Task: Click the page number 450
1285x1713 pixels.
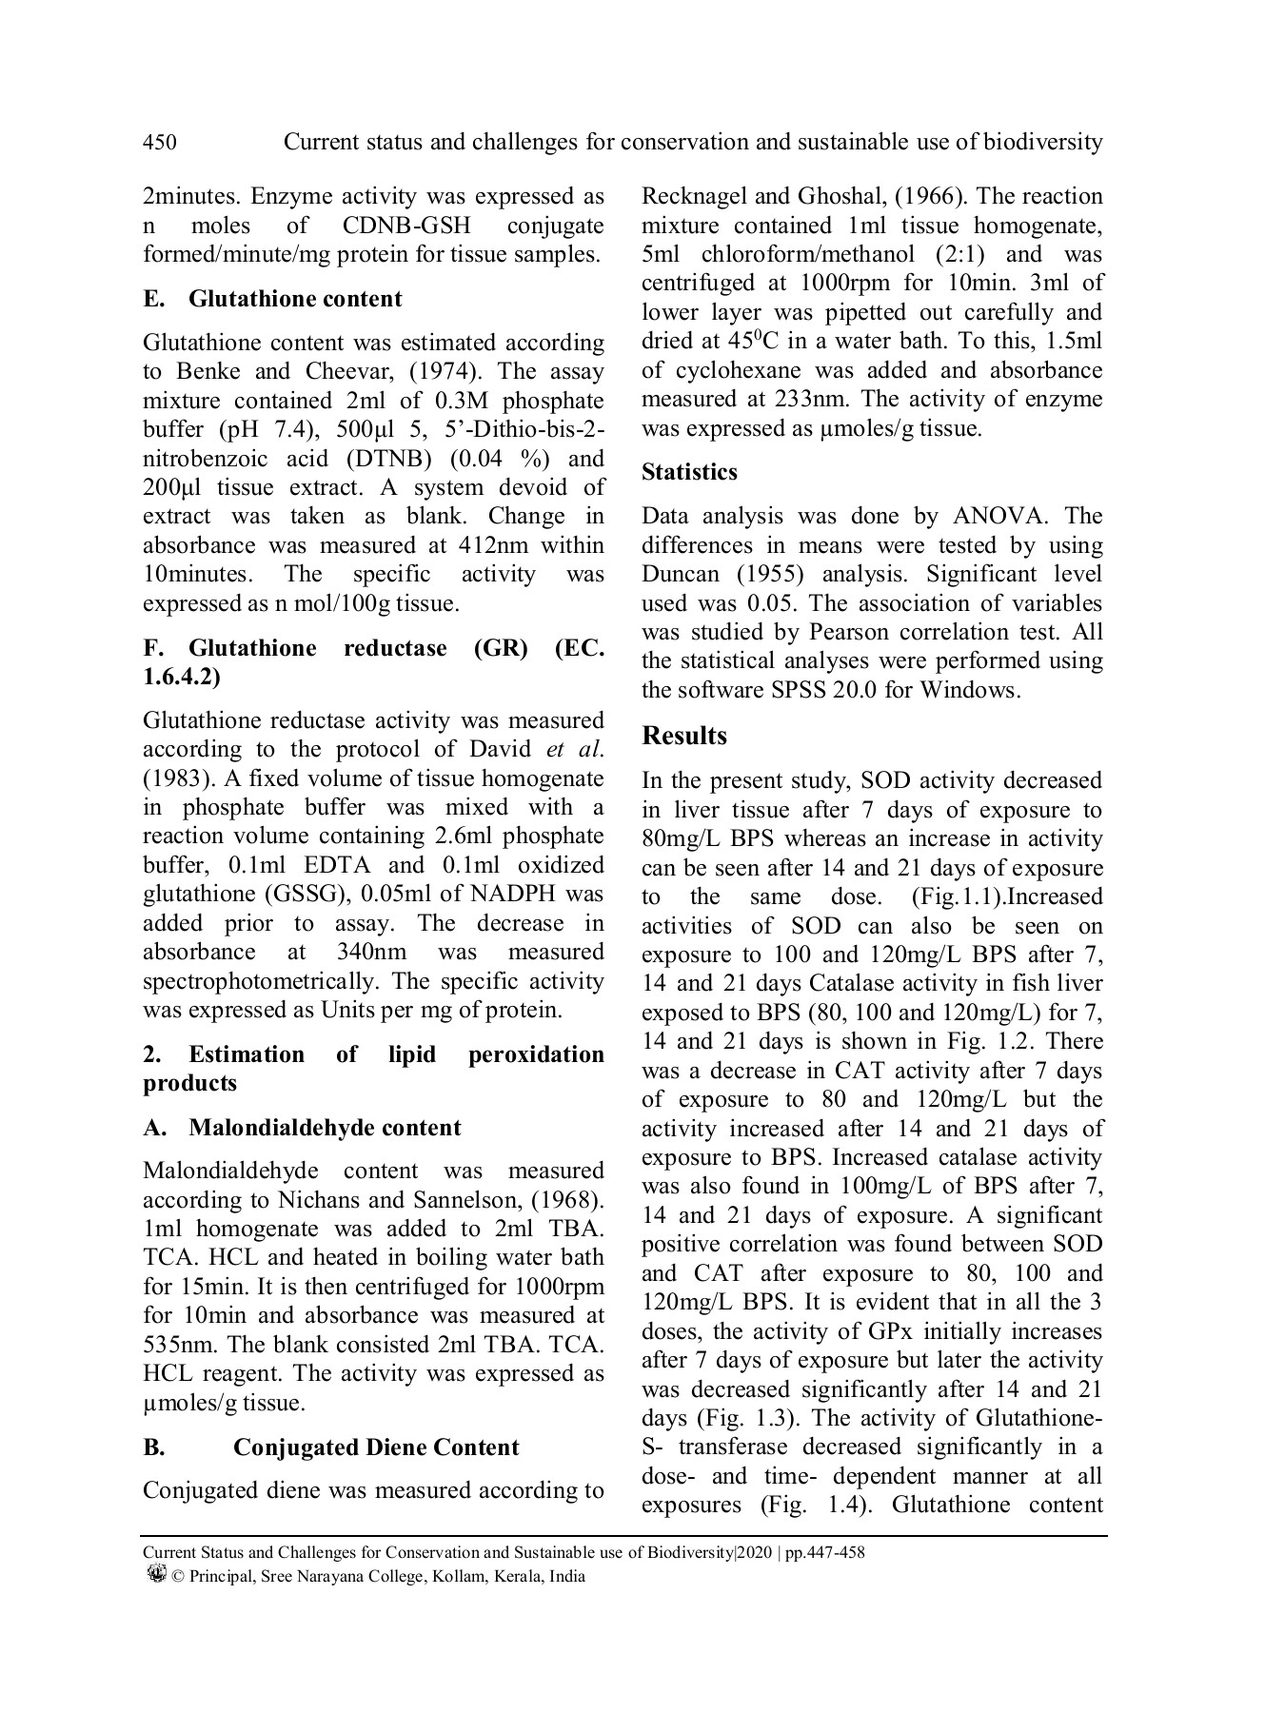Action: pos(159,143)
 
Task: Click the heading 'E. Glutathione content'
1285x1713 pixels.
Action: pos(272,299)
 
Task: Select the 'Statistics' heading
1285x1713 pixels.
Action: pos(689,472)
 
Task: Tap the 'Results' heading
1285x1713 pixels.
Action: pos(684,736)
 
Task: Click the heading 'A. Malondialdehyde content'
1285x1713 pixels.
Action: pos(302,1128)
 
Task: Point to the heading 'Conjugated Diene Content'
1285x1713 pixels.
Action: pos(376,1447)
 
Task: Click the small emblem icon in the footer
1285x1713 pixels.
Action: pos(157,1574)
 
